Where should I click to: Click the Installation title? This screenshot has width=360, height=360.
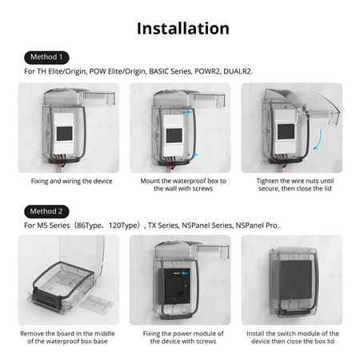[183, 28]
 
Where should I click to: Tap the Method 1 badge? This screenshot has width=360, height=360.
[46, 58]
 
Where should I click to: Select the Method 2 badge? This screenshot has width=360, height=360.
[46, 211]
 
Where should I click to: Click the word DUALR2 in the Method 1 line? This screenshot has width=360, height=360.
[238, 71]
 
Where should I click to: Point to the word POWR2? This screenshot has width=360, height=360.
[207, 71]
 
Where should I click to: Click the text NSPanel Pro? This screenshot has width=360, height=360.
[258, 226]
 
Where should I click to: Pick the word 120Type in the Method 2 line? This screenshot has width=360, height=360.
[124, 226]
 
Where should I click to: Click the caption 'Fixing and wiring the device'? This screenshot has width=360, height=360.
[71, 181]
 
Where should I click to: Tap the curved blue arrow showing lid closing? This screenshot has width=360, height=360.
[319, 140]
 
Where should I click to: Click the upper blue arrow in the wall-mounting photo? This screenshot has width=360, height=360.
[189, 112]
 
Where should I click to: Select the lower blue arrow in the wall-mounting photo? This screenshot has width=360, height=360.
[195, 154]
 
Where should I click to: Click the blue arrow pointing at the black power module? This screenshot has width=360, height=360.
[185, 273]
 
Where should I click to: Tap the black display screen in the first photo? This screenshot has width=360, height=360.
[64, 134]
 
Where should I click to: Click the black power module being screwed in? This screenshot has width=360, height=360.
[177, 286]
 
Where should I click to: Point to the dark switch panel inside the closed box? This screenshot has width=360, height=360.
[295, 279]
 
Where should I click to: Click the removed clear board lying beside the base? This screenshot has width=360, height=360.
[95, 304]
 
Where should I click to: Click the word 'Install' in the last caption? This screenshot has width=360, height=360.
[255, 334]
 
